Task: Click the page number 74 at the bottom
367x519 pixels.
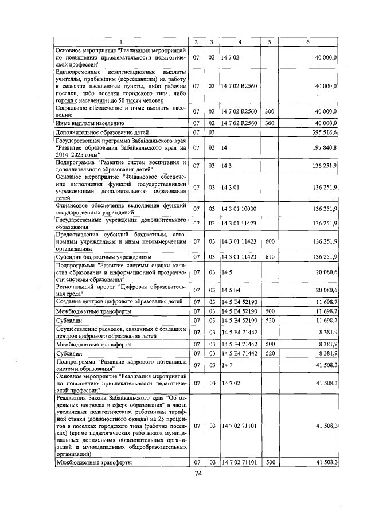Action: pos(198,473)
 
